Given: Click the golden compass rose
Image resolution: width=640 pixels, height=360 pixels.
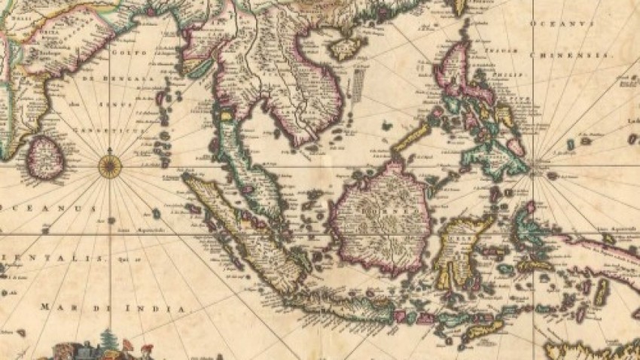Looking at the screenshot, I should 111,164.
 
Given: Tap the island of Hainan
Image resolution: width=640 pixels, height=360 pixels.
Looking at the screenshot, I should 346,47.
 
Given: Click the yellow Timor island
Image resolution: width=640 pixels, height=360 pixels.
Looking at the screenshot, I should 482,328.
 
